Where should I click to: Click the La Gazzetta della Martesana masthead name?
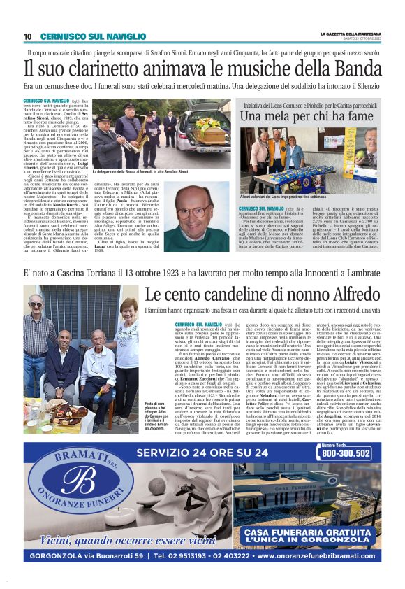(x=351, y=34)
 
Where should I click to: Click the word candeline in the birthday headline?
(x=225, y=295)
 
